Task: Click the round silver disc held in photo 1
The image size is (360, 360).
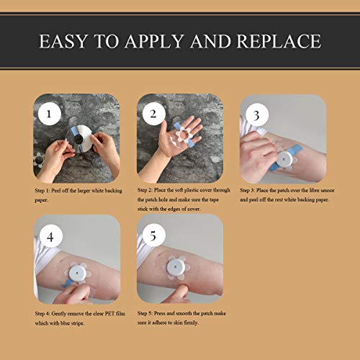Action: [78, 138]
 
